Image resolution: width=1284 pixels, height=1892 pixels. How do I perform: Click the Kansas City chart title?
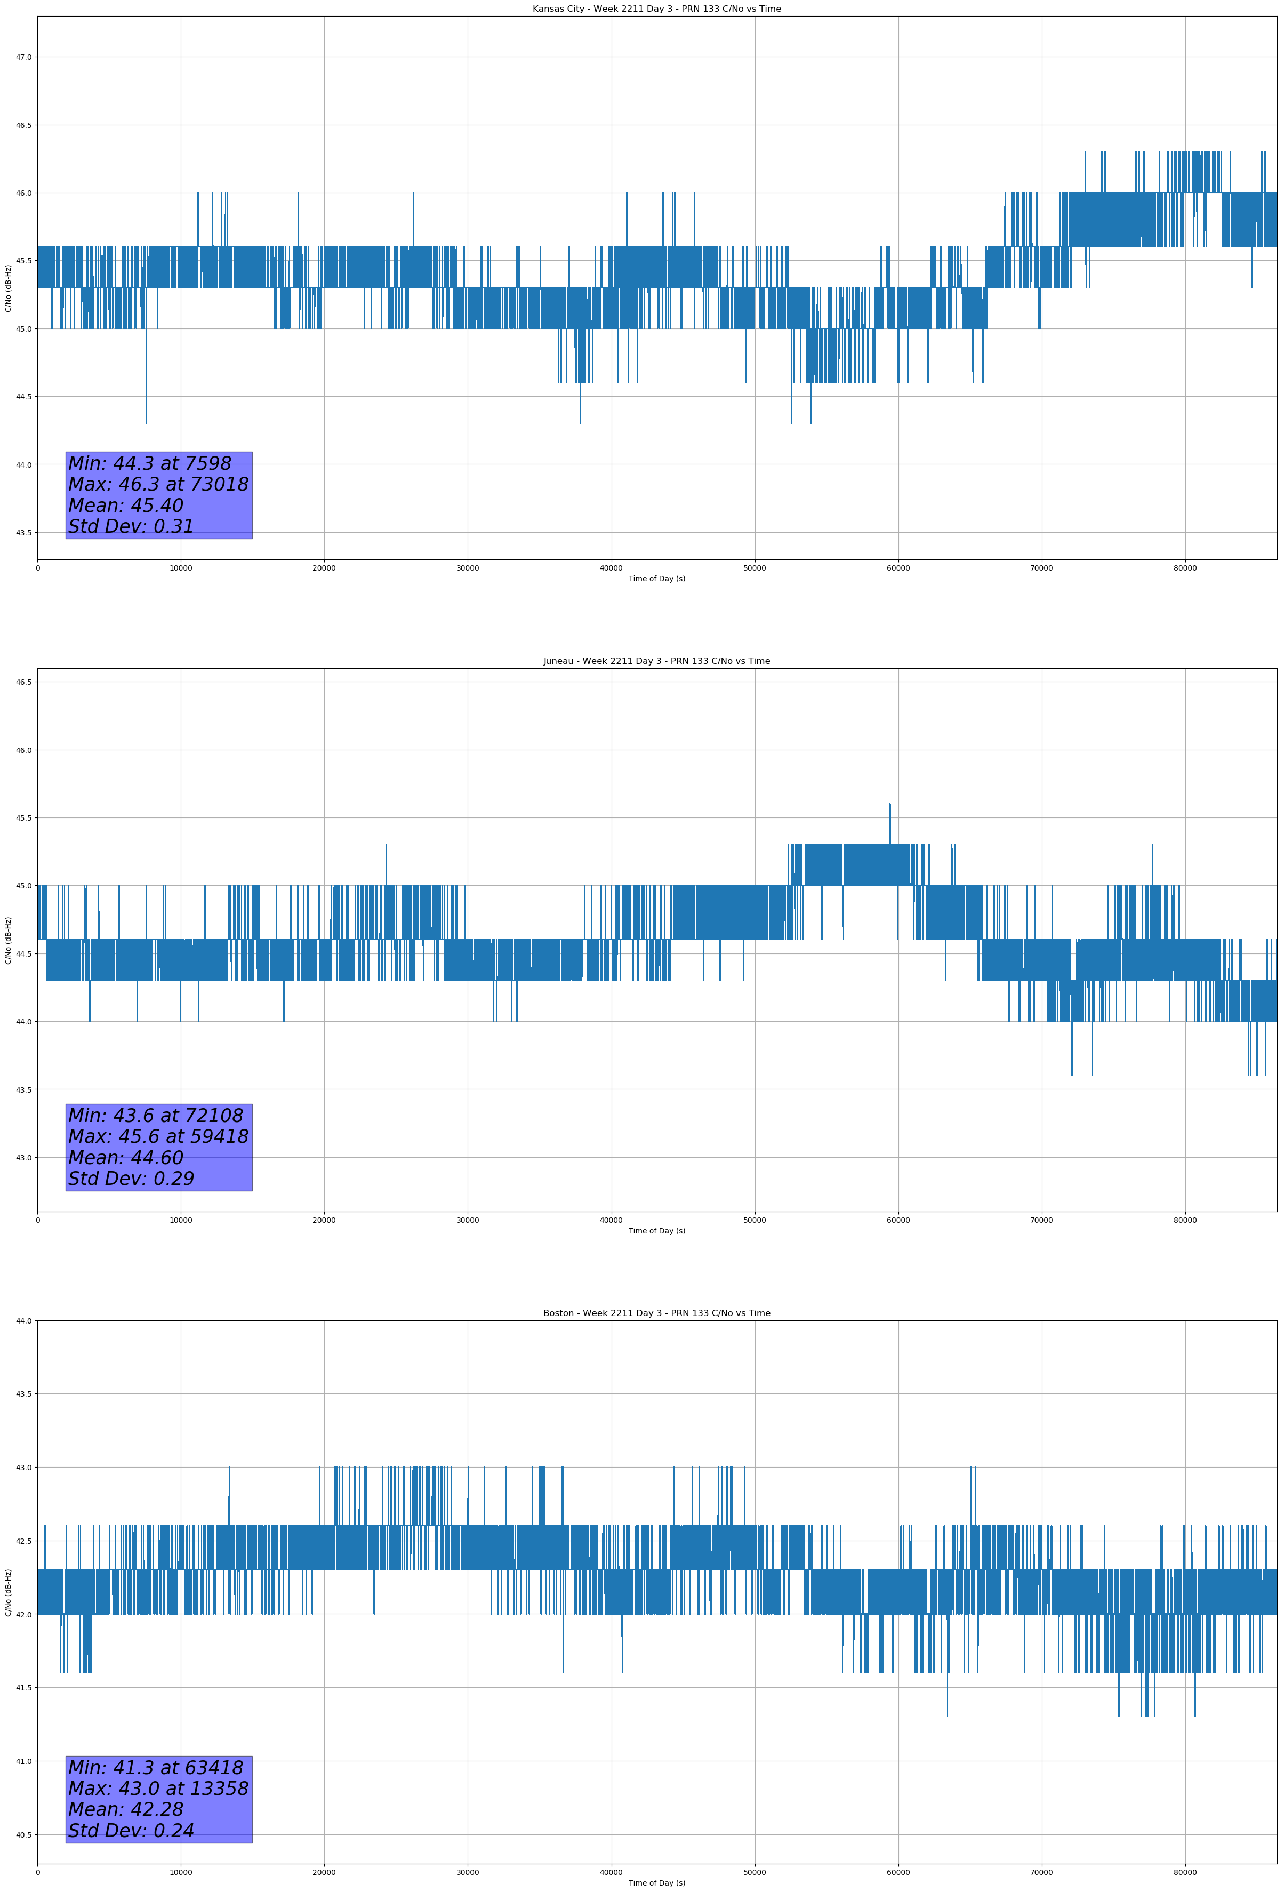[656, 9]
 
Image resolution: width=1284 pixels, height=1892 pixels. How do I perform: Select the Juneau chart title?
[656, 661]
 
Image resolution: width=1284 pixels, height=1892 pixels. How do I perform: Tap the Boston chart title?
[656, 1313]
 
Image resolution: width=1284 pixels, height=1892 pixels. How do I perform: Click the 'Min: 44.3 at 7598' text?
[150, 463]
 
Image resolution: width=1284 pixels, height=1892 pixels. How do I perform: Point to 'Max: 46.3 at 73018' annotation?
[158, 484]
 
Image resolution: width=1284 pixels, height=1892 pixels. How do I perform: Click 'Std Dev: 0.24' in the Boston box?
[131, 1831]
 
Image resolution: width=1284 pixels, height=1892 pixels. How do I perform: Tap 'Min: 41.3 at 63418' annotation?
[156, 1767]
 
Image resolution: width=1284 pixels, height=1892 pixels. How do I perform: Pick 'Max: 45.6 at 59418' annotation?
[158, 1136]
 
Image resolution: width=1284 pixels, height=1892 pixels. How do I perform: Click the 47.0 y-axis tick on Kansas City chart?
[23, 57]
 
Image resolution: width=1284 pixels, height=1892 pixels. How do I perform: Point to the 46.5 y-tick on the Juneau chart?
[23, 682]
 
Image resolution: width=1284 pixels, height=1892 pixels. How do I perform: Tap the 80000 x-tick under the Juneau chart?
[1185, 1220]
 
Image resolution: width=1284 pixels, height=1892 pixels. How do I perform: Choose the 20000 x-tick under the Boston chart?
[324, 1872]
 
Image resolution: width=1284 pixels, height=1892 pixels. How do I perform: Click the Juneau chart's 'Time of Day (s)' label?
[656, 1231]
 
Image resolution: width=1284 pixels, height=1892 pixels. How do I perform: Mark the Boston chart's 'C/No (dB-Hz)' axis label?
[8, 1592]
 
